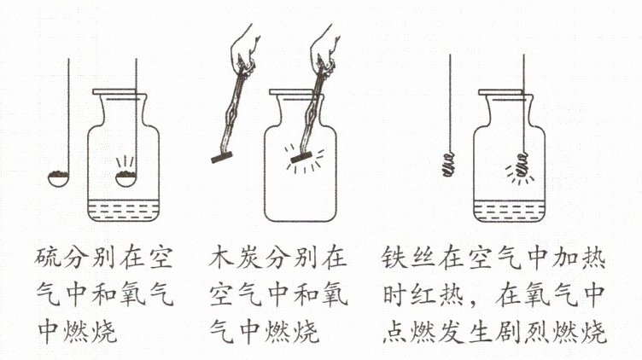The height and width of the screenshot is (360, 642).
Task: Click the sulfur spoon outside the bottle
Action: [x=60, y=179]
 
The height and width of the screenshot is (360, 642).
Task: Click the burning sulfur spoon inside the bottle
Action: [x=126, y=179]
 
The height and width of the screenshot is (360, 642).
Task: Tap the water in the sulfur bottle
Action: [x=123, y=210]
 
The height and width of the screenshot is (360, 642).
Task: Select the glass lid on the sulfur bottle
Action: [x=119, y=91]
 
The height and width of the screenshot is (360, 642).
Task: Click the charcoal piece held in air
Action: [x=221, y=158]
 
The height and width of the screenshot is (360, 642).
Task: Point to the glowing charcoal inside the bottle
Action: [x=301, y=158]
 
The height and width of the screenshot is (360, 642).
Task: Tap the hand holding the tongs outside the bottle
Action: [x=246, y=47]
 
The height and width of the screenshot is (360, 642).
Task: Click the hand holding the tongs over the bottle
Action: [x=325, y=47]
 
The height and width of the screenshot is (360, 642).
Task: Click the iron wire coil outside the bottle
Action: [x=449, y=164]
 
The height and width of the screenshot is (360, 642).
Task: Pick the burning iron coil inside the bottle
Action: [x=522, y=165]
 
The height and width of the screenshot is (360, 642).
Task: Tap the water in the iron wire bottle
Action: [x=509, y=211]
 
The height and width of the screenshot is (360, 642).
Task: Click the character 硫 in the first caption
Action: [x=49, y=258]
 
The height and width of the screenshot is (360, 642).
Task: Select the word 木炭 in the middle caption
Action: [x=235, y=258]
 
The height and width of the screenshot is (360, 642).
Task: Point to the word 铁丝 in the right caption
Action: [x=409, y=258]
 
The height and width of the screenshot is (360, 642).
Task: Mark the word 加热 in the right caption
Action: [x=579, y=258]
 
